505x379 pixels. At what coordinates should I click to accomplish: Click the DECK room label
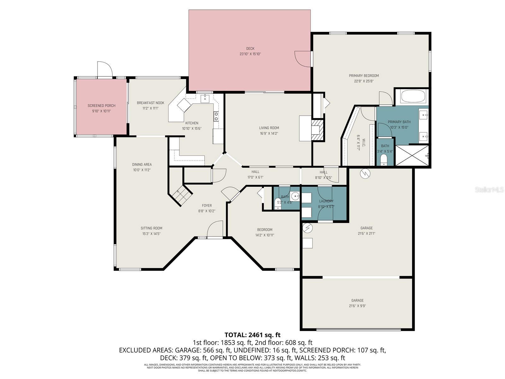[x=250, y=49]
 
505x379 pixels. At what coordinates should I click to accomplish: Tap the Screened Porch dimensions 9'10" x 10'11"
[x=101, y=111]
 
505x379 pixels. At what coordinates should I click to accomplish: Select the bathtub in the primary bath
[x=413, y=96]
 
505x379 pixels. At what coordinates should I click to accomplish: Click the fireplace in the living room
[x=317, y=129]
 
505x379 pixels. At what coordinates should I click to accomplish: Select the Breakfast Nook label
[x=150, y=103]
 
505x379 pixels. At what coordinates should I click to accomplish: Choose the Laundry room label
[x=326, y=201]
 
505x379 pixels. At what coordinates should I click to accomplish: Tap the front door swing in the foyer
[x=215, y=229]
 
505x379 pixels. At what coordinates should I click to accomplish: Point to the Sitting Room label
[x=151, y=228]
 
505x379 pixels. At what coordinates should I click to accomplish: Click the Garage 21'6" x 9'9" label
[x=357, y=301]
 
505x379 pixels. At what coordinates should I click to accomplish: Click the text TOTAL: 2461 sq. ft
[x=252, y=335]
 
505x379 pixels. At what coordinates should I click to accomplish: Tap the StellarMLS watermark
[x=489, y=190]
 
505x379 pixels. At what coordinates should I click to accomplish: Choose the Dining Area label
[x=142, y=165]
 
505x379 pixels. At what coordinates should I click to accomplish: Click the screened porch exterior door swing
[x=104, y=69]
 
